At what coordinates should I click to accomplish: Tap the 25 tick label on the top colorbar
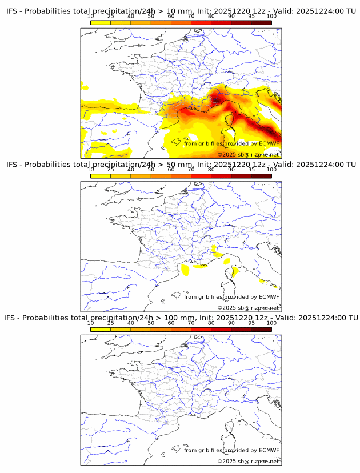[111, 17]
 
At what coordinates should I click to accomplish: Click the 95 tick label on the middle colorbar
[251, 170]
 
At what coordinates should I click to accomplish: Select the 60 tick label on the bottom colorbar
[171, 323]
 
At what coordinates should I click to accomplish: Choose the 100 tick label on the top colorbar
[271, 17]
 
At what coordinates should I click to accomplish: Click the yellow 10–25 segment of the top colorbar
[101, 23]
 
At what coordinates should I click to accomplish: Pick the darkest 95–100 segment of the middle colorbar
[261, 176]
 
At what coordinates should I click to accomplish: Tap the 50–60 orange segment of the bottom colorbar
[161, 329]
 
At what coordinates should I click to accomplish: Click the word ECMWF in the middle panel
[269, 297]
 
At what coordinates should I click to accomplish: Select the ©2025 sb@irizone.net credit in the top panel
[248, 155]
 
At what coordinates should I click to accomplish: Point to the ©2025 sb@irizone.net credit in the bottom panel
[248, 461]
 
